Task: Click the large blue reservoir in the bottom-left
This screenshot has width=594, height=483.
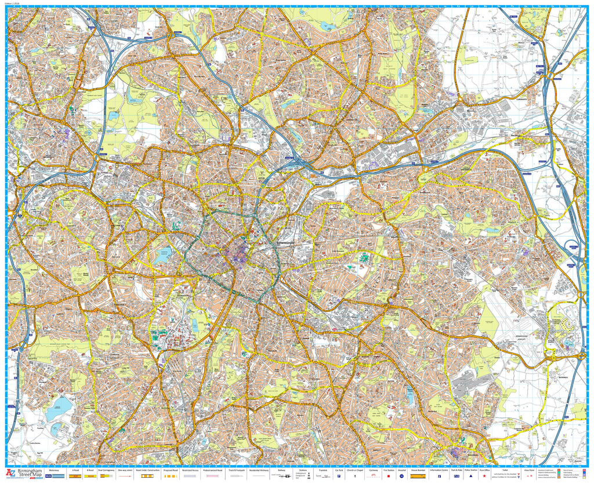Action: click(x=58, y=409)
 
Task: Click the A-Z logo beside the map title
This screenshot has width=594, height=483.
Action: click(x=10, y=473)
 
